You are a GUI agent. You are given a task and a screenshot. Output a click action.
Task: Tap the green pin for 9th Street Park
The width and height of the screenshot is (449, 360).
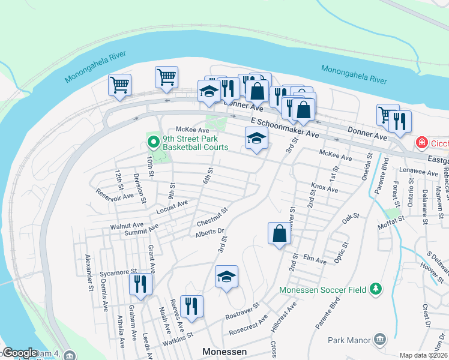(x=153, y=143)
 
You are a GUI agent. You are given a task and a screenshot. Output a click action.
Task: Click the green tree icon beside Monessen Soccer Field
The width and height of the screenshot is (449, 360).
(x=376, y=289)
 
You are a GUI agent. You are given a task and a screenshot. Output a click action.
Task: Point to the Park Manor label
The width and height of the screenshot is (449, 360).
(x=350, y=340)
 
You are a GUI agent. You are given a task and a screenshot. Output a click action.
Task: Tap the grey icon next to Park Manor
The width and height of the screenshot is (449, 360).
(x=379, y=340)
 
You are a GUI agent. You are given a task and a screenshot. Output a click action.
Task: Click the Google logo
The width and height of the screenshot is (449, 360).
(x=20, y=353)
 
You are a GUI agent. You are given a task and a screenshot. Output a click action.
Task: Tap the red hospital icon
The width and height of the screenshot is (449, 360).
(x=423, y=143)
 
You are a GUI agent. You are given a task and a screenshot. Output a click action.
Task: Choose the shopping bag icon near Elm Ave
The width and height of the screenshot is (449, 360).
(x=280, y=233)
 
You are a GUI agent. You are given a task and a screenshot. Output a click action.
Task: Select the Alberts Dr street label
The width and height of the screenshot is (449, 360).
(x=209, y=231)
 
